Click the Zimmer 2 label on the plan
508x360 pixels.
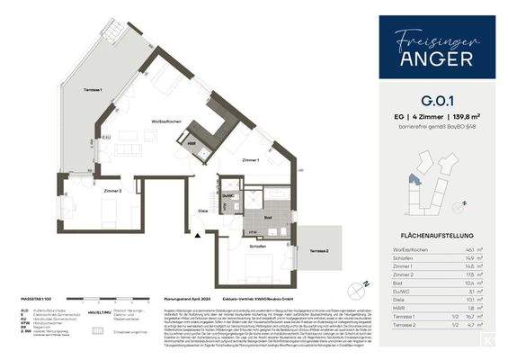pyautogui.click(x=86, y=191)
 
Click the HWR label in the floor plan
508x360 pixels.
pyautogui.click(x=192, y=142)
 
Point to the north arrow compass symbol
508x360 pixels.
pyautogui.click(x=364, y=287)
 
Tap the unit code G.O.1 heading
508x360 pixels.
pyautogui.click(x=435, y=101)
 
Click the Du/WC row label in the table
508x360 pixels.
pyautogui.click(x=403, y=292)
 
